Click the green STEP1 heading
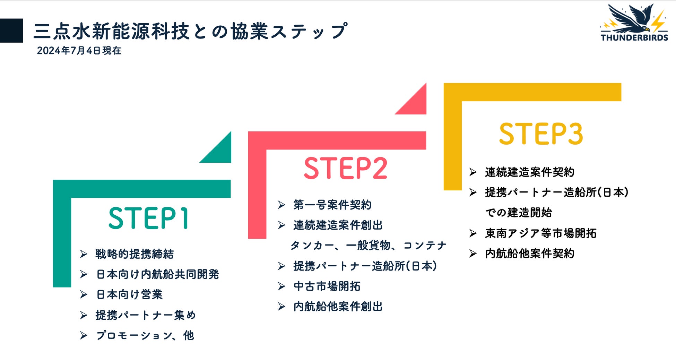[148, 218]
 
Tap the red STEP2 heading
[345, 168]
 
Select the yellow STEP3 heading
[541, 134]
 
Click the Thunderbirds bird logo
[634, 23]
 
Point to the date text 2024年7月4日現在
[79, 51]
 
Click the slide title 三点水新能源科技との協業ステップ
[190, 31]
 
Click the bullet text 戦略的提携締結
[135, 254]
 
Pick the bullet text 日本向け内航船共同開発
[157, 274]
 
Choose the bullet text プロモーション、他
[145, 335]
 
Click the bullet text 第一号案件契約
[332, 205]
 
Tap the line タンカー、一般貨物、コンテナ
[368, 246]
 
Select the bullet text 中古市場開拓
[327, 286]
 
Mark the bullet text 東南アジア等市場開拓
[540, 233]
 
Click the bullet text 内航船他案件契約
[529, 254]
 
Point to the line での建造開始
[518, 212]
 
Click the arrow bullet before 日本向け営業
[84, 294]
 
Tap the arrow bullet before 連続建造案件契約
[473, 172]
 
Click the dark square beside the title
[11, 31]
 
